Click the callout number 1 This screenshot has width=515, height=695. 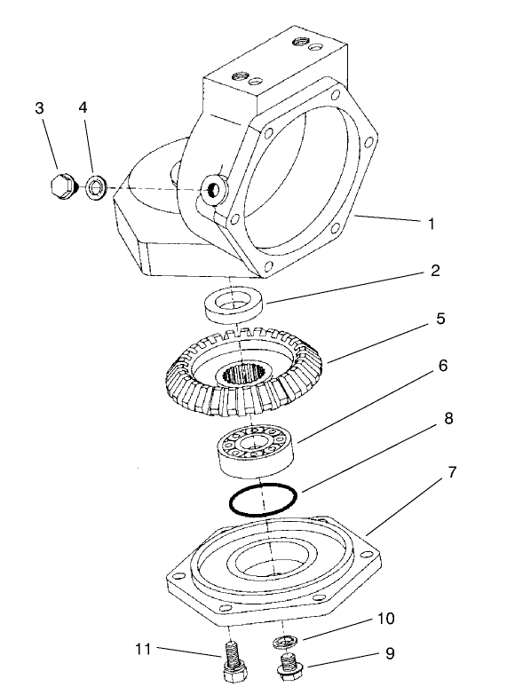pyautogui.click(x=432, y=225)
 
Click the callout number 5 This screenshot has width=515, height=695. pyautogui.click(x=440, y=317)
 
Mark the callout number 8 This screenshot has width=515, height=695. pyautogui.click(x=449, y=418)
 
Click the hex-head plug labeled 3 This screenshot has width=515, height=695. pyautogui.click(x=59, y=187)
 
